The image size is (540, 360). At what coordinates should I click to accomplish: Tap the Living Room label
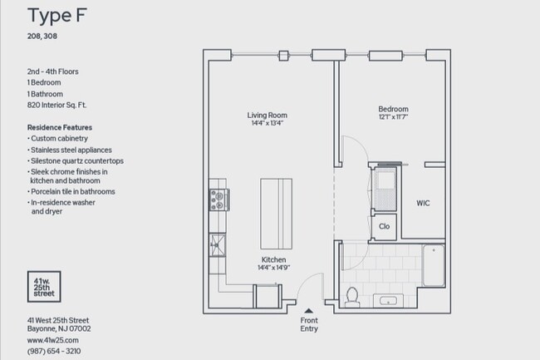click(x=267, y=115)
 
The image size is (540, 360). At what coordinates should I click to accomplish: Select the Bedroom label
click(x=393, y=109)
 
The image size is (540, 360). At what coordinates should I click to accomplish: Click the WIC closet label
click(x=424, y=203)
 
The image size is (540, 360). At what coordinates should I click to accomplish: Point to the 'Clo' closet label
click(x=384, y=225)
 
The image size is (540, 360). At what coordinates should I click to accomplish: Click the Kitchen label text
click(x=272, y=259)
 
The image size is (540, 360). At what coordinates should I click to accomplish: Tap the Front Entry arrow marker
click(x=309, y=310)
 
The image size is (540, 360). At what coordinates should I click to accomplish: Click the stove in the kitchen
click(x=218, y=199)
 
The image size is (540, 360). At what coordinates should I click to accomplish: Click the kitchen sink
click(x=218, y=244)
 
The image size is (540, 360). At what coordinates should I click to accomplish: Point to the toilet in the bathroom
click(x=351, y=294)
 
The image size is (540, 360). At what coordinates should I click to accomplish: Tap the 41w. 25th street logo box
click(x=42, y=287)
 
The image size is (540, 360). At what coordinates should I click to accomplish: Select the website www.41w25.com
click(x=52, y=340)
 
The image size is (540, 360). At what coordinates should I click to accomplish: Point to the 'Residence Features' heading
click(x=60, y=126)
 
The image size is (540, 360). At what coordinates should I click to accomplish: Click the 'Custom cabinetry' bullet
click(x=59, y=138)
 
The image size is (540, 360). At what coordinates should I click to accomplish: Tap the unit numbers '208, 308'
click(x=42, y=37)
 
